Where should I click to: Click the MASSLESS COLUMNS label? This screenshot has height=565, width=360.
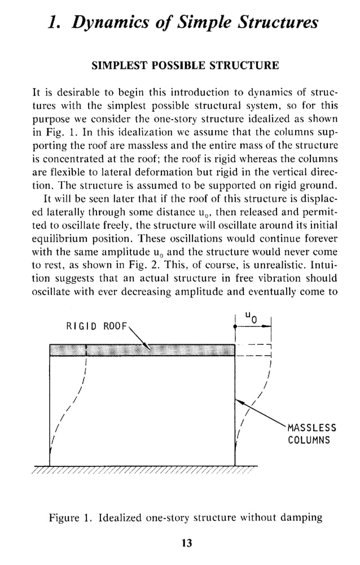click(x=311, y=433)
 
